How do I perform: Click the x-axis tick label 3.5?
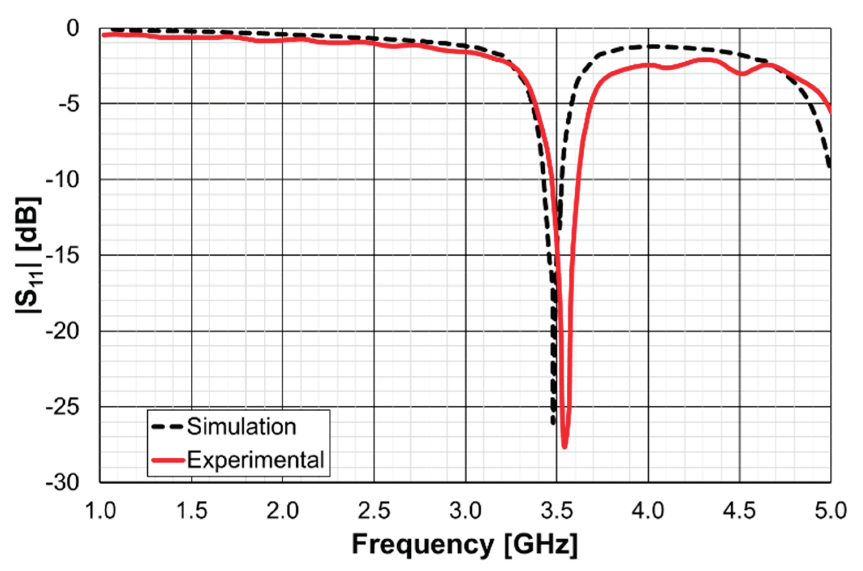click(x=557, y=511)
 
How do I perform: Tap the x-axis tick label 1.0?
click(x=100, y=511)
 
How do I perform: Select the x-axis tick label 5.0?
click(x=831, y=511)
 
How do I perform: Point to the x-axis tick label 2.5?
click(x=374, y=511)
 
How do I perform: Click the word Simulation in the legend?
click(x=242, y=427)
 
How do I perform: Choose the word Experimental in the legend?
click(x=255, y=460)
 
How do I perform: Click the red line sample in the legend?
click(x=168, y=460)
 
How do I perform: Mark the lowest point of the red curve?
click(x=564, y=447)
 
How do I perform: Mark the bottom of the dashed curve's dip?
click(x=553, y=423)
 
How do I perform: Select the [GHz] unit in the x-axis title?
click(x=541, y=544)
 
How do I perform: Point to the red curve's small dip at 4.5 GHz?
click(x=742, y=74)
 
